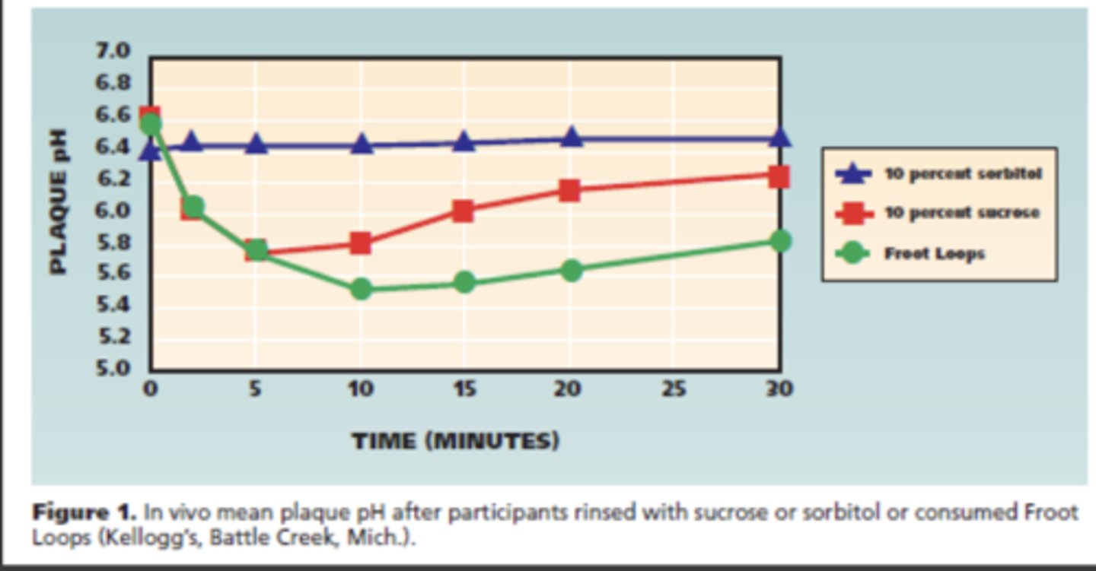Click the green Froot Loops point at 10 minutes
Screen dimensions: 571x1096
point(362,289)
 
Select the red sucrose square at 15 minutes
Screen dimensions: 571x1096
point(463,211)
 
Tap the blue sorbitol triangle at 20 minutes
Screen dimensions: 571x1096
point(572,138)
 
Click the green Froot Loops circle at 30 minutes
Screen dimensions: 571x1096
point(779,241)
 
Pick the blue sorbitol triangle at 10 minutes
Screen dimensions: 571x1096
point(362,144)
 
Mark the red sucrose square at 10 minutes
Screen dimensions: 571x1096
point(361,243)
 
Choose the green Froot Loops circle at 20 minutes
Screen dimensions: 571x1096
point(571,270)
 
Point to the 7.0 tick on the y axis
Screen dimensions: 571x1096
point(113,51)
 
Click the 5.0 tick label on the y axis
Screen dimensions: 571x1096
point(113,369)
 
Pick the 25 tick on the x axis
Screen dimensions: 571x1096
point(674,389)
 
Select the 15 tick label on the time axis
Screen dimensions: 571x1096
point(465,389)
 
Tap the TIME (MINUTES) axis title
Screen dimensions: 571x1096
point(455,441)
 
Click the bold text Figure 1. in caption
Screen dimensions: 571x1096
point(84,512)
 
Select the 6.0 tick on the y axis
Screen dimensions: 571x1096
point(113,210)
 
